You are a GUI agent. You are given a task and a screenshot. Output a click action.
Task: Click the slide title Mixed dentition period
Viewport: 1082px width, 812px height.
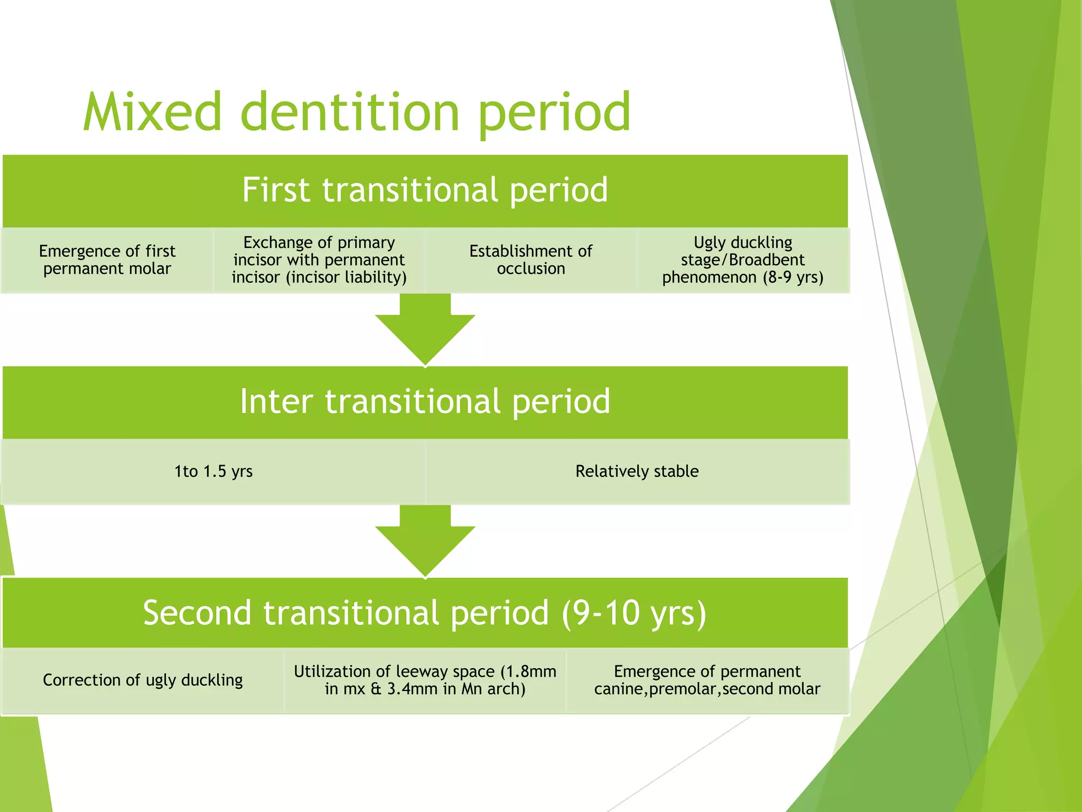click(357, 112)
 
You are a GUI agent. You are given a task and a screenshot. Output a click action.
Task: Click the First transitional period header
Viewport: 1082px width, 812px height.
click(425, 190)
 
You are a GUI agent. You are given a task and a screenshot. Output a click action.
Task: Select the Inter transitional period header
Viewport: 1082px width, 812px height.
click(425, 402)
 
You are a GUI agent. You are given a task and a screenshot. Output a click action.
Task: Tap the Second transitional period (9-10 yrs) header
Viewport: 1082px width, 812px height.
click(425, 613)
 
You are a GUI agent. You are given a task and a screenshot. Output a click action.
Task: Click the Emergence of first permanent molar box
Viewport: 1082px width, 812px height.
click(107, 260)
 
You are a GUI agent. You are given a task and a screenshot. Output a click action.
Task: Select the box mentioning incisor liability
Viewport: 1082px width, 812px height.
click(319, 260)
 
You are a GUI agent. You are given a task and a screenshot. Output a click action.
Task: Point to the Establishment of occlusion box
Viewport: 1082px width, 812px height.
click(530, 260)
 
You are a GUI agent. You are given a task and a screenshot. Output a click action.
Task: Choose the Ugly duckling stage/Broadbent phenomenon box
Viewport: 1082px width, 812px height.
click(743, 260)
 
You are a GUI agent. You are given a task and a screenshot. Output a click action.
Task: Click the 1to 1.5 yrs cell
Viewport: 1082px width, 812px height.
click(213, 471)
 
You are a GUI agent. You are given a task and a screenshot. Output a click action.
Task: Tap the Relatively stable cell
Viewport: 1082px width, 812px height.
click(637, 471)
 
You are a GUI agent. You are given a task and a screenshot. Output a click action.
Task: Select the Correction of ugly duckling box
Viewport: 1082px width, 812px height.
click(143, 680)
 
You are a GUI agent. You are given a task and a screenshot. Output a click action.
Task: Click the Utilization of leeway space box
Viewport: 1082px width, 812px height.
click(425, 680)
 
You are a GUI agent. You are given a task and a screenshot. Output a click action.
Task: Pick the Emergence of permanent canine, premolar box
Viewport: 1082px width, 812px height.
click(707, 680)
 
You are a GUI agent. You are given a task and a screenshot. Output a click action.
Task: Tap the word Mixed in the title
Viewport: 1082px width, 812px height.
click(152, 112)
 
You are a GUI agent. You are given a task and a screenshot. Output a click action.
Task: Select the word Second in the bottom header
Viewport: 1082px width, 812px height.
click(197, 613)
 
